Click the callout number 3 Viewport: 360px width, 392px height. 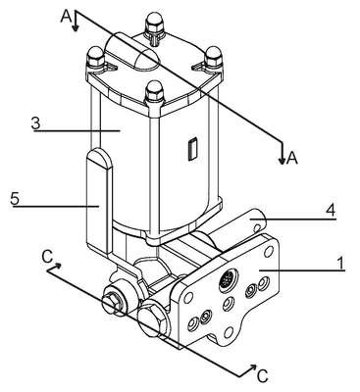35,123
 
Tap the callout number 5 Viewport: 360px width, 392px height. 15,198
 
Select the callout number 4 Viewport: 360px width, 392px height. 331,210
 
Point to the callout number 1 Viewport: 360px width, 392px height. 340,264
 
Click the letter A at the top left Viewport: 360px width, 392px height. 66,17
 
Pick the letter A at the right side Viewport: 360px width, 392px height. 292,158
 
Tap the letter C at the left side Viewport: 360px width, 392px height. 47,258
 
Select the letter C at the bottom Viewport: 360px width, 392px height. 263,376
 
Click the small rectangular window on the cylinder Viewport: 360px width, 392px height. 192,149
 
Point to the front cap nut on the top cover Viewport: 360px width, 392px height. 154,91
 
